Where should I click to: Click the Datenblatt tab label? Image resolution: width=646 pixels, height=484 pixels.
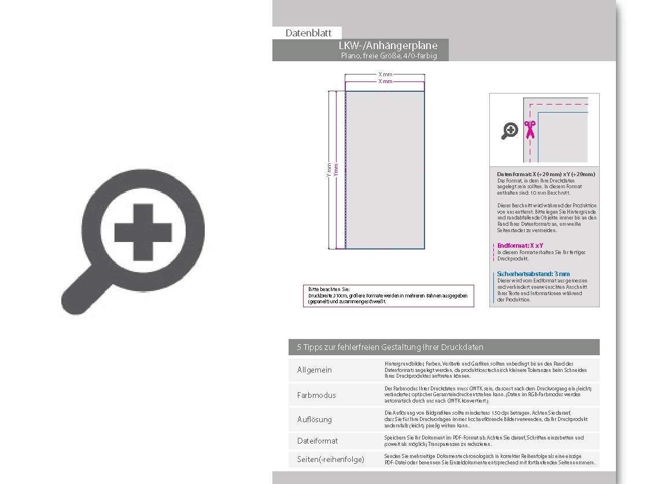(308, 33)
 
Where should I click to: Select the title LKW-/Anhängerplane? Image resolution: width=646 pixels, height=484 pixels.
(387, 46)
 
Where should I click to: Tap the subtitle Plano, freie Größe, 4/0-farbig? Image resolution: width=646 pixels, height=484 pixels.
(389, 55)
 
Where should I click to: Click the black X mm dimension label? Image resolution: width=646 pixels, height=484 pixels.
(385, 75)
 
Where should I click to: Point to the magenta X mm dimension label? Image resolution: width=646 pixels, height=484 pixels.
(385, 81)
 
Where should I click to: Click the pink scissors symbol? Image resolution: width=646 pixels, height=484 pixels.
(529, 129)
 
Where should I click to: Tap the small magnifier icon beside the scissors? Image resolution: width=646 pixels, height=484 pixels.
(510, 131)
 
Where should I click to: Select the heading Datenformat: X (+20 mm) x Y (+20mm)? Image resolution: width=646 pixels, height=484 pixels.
(545, 174)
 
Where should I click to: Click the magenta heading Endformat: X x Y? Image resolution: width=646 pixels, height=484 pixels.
(520, 245)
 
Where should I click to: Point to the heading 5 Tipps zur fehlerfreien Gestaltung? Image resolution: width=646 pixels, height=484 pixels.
(390, 347)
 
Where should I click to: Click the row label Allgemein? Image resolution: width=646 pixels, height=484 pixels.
(315, 370)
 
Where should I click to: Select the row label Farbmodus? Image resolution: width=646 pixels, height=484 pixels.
(316, 395)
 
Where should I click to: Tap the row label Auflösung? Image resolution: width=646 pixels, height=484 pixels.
(315, 419)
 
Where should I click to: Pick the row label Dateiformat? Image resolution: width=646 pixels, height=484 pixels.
(318, 441)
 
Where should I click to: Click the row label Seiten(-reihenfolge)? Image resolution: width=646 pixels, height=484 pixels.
(331, 459)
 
